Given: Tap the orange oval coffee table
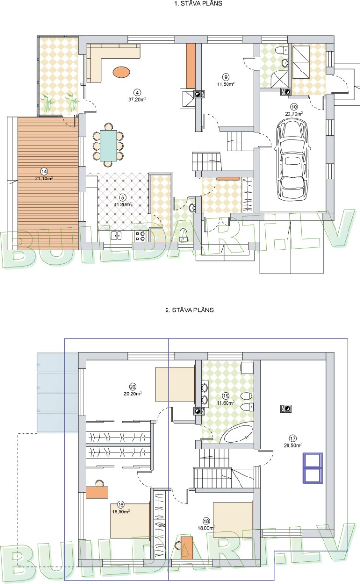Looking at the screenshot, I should (120, 72).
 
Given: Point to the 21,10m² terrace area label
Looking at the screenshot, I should (43, 178).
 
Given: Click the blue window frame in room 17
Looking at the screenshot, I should (312, 467).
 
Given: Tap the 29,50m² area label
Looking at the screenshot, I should (292, 445).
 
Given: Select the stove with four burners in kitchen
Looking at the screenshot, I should (141, 236).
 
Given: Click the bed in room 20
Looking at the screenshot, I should (175, 384).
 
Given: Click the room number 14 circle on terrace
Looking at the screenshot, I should (44, 171).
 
